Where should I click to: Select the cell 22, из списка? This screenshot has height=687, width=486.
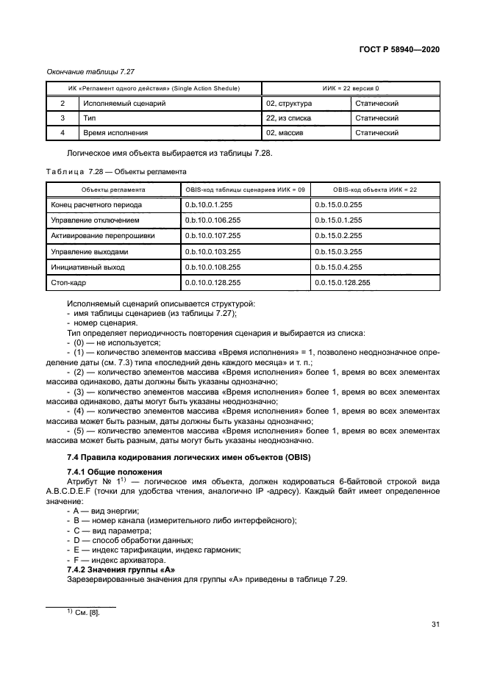click(289, 118)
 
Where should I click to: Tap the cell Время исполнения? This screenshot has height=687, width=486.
click(115, 133)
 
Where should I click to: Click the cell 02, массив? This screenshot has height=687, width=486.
click(286, 133)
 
